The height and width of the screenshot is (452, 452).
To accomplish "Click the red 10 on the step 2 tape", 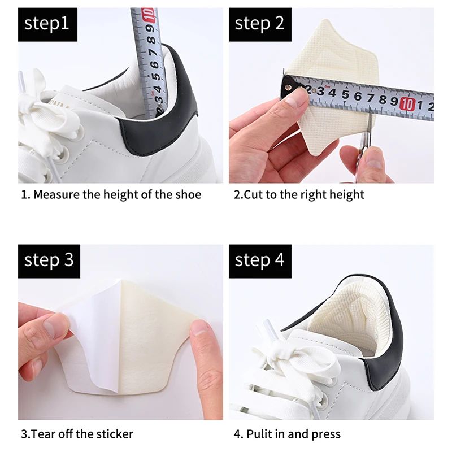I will point(406,103).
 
